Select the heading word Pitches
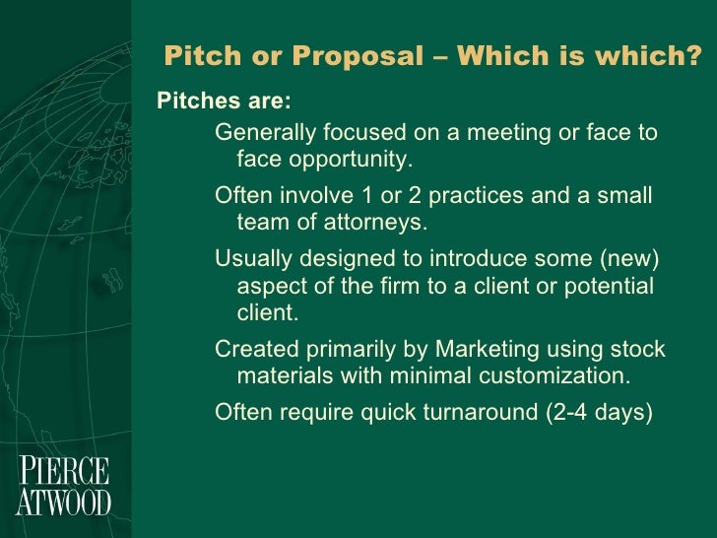[x=198, y=102]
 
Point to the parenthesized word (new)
[x=631, y=258]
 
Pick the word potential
[x=612, y=286]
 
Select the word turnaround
[x=479, y=412]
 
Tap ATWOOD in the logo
[x=63, y=502]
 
